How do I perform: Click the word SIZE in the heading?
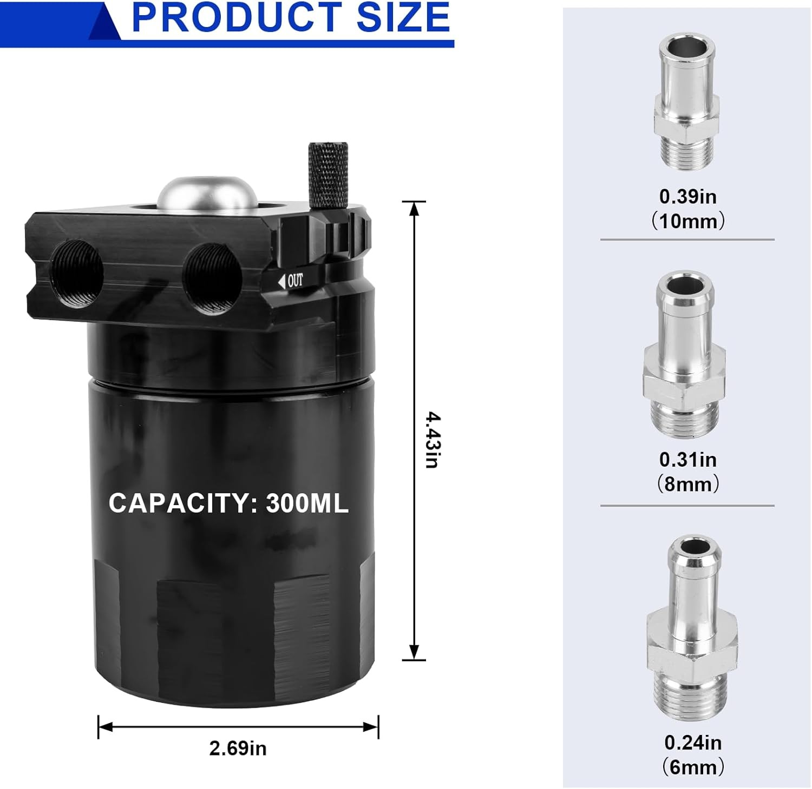pyautogui.click(x=403, y=17)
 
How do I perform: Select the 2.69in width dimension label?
pyautogui.click(x=238, y=748)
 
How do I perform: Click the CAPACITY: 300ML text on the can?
pyautogui.click(x=228, y=503)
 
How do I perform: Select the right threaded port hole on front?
pyautogui.click(x=212, y=277)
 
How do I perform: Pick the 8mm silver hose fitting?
pyautogui.click(x=684, y=354)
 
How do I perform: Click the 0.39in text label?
pyautogui.click(x=687, y=196)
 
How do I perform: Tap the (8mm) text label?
pyautogui.click(x=687, y=484)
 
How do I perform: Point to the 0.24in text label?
pyautogui.click(x=693, y=742)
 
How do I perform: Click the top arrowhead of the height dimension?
pyautogui.click(x=414, y=208)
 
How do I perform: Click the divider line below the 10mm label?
pyautogui.click(x=687, y=240)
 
